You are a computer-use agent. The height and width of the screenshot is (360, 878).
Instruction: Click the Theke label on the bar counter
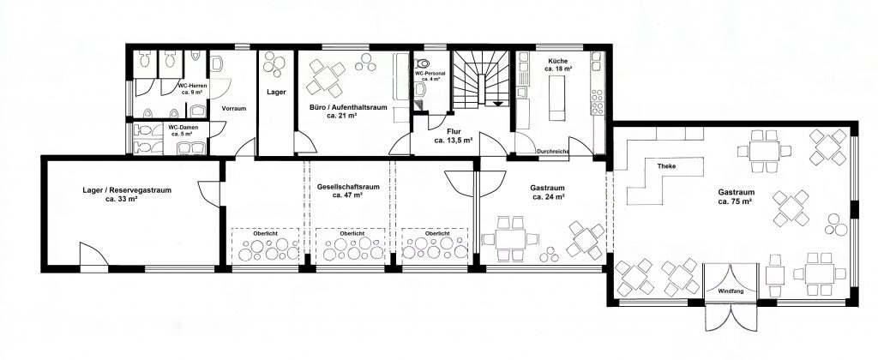tap(666, 166)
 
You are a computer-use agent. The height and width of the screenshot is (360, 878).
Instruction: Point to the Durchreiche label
tap(553, 151)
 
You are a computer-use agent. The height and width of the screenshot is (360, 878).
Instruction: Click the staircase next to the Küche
tap(481, 79)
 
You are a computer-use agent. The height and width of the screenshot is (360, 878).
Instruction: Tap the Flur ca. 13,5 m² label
tap(453, 136)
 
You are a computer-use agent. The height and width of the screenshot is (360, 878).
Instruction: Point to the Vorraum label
tap(233, 109)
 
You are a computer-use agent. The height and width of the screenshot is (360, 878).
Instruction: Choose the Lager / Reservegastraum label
tap(127, 194)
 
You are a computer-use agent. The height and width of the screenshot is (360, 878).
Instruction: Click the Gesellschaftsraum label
tap(348, 191)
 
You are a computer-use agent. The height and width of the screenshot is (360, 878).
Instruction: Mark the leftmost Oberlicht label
tap(266, 233)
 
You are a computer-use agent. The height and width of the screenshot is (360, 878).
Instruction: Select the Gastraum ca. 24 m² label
tap(548, 192)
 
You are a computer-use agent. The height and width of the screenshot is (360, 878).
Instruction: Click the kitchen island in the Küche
tap(556, 98)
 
